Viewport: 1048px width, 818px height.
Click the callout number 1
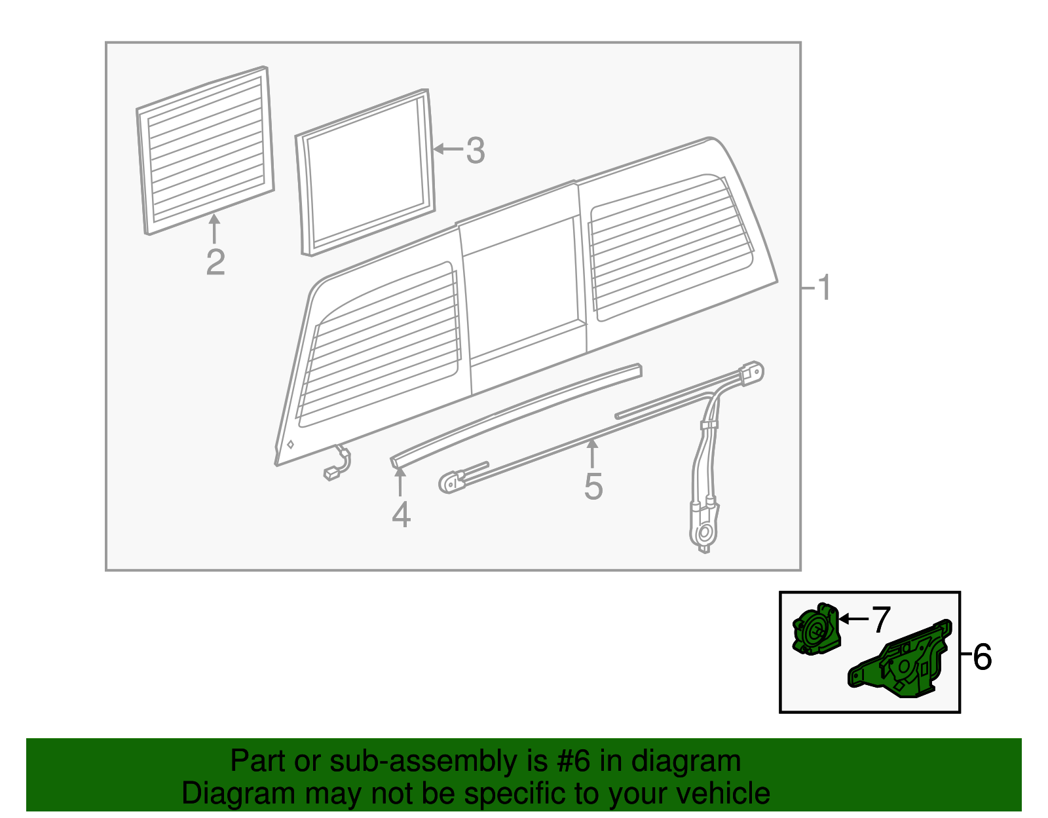[x=825, y=288]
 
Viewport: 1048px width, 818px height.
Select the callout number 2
[x=215, y=262]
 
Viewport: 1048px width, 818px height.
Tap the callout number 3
[x=476, y=151]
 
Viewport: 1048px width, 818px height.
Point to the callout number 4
[x=401, y=515]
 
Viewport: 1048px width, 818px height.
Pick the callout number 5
[x=593, y=487]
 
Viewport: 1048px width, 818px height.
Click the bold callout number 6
[x=982, y=657]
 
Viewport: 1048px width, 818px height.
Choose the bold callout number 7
[x=881, y=619]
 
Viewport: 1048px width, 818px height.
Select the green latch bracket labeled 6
[x=904, y=663]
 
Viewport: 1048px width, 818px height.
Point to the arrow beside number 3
[x=448, y=149]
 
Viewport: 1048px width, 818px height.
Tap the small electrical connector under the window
[x=333, y=472]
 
